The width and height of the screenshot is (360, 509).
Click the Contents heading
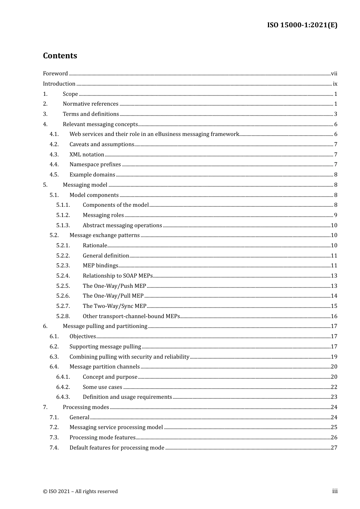coord(60,56)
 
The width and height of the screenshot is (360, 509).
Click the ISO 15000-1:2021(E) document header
coord(302,25)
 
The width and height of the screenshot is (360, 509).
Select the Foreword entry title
coord(55,73)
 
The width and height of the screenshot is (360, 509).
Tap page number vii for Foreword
coord(334,73)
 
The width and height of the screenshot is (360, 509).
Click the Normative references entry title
coord(91,104)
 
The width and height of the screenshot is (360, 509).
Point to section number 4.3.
coord(54,155)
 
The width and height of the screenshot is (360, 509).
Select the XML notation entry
coord(87,155)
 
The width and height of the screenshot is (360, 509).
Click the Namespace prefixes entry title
coord(95,164)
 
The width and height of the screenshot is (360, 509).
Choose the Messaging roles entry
coord(103,215)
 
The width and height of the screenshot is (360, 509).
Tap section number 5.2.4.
coord(63,276)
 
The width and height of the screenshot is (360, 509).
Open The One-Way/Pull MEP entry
coord(113,296)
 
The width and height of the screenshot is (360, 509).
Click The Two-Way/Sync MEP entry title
coord(114,306)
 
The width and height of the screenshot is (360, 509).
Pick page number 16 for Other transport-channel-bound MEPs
coord(334,316)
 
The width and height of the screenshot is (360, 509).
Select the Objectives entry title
coord(83,336)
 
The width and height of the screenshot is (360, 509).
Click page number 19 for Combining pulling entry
coord(334,357)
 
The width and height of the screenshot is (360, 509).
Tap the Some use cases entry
coord(102,387)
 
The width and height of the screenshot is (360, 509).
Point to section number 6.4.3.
coord(63,397)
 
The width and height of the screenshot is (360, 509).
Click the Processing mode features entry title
coord(102,437)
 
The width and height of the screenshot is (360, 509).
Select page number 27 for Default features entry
coord(334,448)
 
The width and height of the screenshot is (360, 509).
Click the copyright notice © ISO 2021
coord(80,491)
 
